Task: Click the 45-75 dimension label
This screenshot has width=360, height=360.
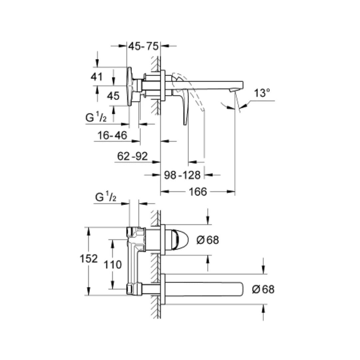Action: point(143,46)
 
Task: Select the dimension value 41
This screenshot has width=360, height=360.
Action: point(97,77)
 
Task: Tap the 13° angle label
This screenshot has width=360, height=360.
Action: point(262,93)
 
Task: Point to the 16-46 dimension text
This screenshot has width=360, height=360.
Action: point(112,135)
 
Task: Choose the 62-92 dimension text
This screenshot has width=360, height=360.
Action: point(132,156)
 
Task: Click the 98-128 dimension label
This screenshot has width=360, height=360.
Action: point(182,175)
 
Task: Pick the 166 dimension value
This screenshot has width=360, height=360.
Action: point(198,192)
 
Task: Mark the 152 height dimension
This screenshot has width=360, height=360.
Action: point(89,259)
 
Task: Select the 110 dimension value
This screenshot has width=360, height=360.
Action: point(113,265)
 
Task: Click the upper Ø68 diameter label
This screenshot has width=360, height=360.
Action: point(208,240)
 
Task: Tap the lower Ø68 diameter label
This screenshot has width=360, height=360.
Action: point(263,289)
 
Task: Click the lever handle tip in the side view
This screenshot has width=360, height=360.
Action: point(185,124)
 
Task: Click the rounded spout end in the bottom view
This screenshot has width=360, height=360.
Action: point(241,289)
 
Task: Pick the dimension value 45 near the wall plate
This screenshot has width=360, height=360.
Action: point(113,96)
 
